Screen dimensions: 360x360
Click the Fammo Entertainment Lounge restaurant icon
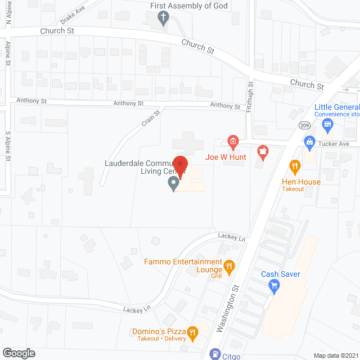(229, 266)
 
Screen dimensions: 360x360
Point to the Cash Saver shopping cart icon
(274, 287)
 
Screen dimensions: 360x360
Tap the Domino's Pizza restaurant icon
(192, 333)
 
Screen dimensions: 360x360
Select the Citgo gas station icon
(215, 353)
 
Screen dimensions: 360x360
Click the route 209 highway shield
(304, 125)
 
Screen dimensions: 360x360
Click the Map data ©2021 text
(335, 355)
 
